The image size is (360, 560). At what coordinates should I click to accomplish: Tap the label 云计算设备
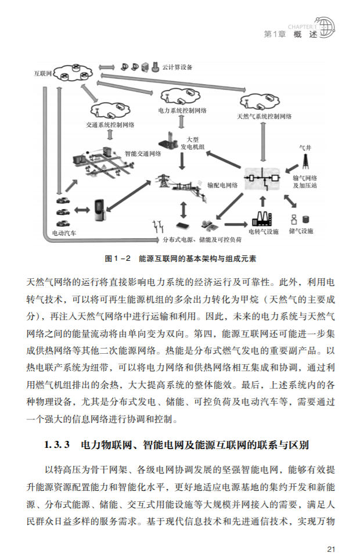(178, 67)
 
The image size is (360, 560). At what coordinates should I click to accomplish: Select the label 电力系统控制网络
(179, 110)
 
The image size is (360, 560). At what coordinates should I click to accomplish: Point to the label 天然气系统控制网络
(264, 116)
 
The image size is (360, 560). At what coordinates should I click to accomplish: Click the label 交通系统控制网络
(110, 124)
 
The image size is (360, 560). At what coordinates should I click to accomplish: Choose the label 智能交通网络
(143, 154)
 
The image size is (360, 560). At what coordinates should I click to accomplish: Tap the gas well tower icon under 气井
(305, 160)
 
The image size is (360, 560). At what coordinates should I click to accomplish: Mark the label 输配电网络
(223, 185)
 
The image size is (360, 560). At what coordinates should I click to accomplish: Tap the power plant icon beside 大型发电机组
(168, 140)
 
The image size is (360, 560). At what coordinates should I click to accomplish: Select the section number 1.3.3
(57, 446)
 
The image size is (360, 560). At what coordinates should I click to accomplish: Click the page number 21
(332, 548)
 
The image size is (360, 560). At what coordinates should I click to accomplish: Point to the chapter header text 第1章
(274, 34)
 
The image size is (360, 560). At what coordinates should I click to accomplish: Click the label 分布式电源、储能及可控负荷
(202, 239)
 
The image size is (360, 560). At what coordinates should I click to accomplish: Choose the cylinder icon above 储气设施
(305, 220)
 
